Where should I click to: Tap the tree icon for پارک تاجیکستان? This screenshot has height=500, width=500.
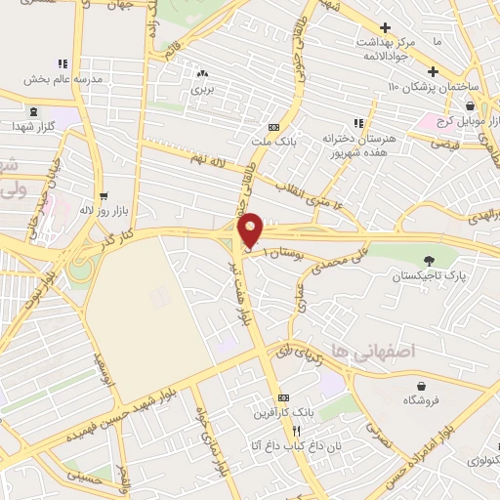coord(430,260)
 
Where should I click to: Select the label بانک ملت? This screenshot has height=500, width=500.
coord(273,143)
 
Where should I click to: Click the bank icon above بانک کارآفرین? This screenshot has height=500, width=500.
coord(283,397)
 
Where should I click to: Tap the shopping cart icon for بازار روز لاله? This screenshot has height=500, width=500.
coord(104,195)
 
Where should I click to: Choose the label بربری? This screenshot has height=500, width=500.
coord(202,89)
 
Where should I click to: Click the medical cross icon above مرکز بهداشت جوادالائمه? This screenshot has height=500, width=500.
coord(386,27)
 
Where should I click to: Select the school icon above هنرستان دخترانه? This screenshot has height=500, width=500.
coord(359,123)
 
